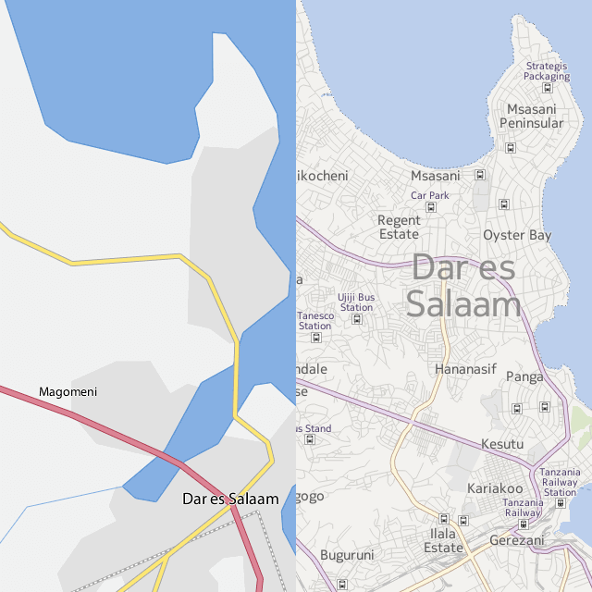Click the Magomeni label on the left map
tap(68, 392)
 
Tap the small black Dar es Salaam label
tap(230, 499)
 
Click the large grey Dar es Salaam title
tap(465, 286)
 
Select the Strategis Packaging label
tap(547, 71)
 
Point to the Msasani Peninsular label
tap(531, 116)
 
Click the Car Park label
tap(429, 195)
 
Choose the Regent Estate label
tap(399, 228)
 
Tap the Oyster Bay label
tap(517, 235)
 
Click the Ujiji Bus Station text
tap(356, 302)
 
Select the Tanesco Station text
tap(315, 321)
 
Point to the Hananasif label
tap(465, 369)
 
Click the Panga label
tap(525, 376)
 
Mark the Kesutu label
tap(502, 445)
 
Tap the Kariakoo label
tap(495, 488)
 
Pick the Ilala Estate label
tap(443, 540)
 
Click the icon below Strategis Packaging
tap(547, 89)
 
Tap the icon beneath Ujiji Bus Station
tap(357, 319)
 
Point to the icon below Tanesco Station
tap(316, 338)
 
